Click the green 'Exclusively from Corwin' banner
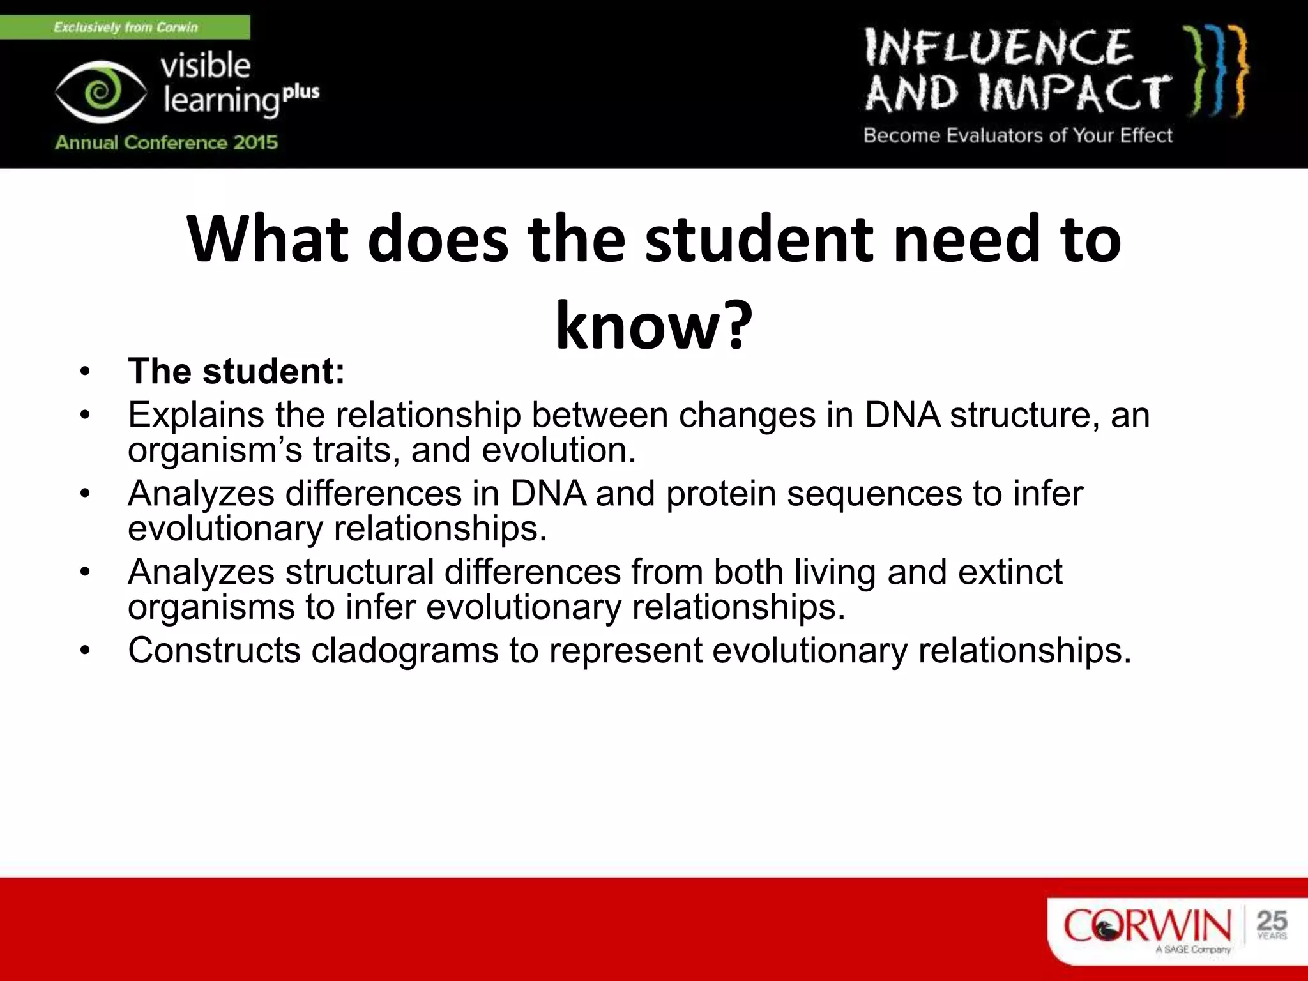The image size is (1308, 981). pyautogui.click(x=125, y=27)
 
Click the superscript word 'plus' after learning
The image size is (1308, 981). pyautogui.click(x=301, y=92)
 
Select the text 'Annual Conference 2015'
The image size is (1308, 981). pyautogui.click(x=167, y=142)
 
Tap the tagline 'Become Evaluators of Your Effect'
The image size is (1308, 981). pyautogui.click(x=1018, y=135)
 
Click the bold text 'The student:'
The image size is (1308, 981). pyautogui.click(x=236, y=371)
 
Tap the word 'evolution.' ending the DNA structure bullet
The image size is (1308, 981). pyautogui.click(x=559, y=450)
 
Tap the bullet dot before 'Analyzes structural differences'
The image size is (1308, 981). pyautogui.click(x=86, y=572)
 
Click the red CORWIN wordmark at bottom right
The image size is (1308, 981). pyautogui.click(x=1147, y=926)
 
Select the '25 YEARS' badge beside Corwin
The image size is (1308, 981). pyautogui.click(x=1272, y=925)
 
